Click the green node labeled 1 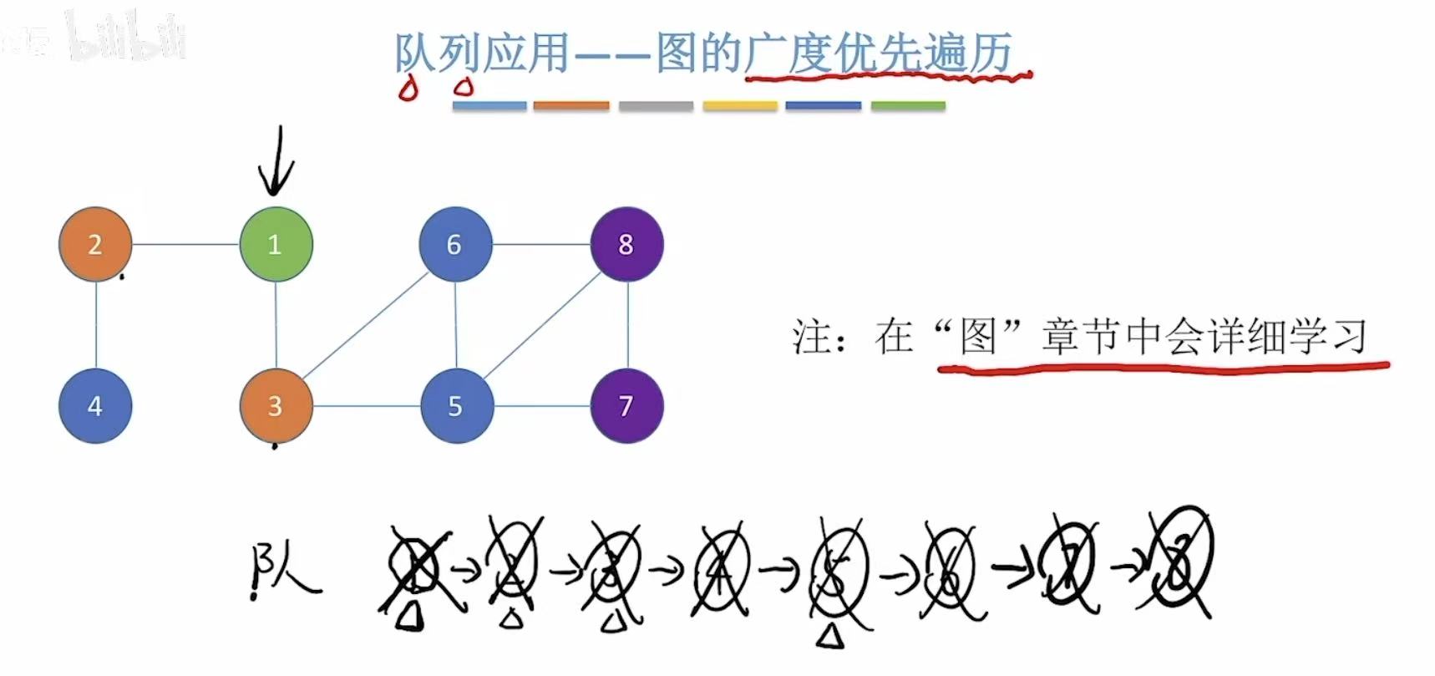coord(276,244)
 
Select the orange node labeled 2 coord(95,244)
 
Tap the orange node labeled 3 coord(276,405)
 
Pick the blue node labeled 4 coord(95,406)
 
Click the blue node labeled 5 coord(456,406)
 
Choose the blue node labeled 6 coord(455,244)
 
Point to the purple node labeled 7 coord(626,406)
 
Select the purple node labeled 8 coord(626,244)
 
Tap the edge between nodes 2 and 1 coord(185,244)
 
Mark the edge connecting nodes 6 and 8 coord(541,244)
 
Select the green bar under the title coord(908,106)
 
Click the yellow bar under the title coord(740,106)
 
